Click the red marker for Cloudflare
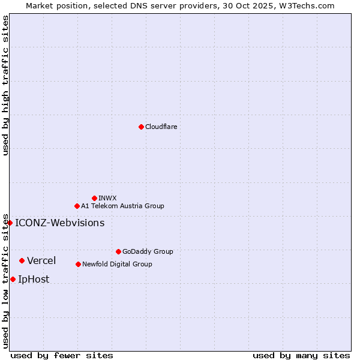[x=141, y=127]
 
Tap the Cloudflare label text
[x=161, y=127]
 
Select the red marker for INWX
[x=94, y=198]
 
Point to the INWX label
[x=107, y=198]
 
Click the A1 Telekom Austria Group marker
[x=77, y=206]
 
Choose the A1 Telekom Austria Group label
[x=122, y=206]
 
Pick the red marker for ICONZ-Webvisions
[x=10, y=223]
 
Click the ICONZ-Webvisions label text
[x=59, y=223]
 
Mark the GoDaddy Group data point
[x=118, y=251]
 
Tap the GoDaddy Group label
[x=148, y=251]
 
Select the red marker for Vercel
[x=22, y=260]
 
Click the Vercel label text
[x=41, y=260]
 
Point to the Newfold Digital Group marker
[x=78, y=264]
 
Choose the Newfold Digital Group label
[x=117, y=264]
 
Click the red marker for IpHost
[x=13, y=279]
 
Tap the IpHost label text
[x=34, y=279]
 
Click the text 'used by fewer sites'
[x=62, y=355]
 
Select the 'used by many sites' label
[x=301, y=355]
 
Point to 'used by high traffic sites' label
[x=5, y=85]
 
